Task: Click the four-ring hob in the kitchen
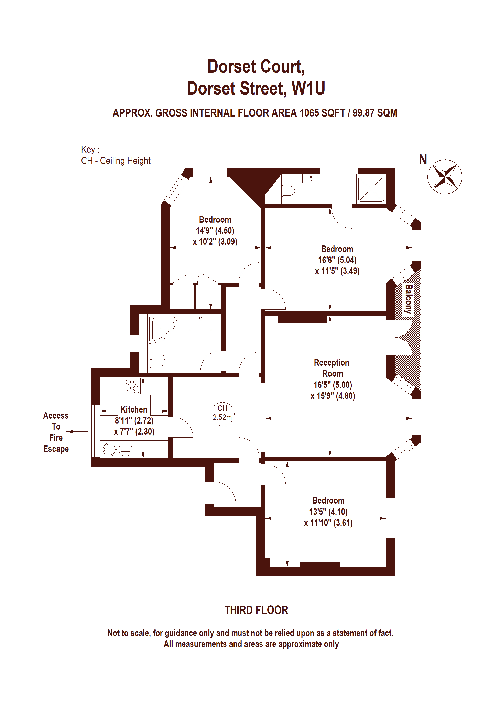pyautogui.click(x=132, y=386)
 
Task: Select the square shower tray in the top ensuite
pyautogui.click(x=371, y=189)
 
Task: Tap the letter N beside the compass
pyautogui.click(x=423, y=160)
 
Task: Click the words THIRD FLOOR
pyautogui.click(x=257, y=610)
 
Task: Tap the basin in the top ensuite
pyautogui.click(x=311, y=179)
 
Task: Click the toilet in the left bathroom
pyautogui.click(x=157, y=360)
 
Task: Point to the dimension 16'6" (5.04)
pyautogui.click(x=337, y=260)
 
